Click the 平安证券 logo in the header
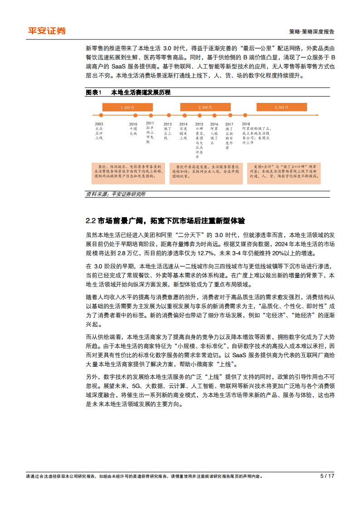click(x=47, y=31)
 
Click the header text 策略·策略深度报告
click(x=311, y=32)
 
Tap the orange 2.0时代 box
click(x=205, y=107)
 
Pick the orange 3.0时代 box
click(x=282, y=107)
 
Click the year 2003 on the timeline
click(x=99, y=124)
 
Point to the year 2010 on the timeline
click(x=133, y=124)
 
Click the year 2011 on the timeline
click(x=150, y=123)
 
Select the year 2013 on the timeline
click(x=167, y=124)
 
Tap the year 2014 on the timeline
click(x=183, y=124)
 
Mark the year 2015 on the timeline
click(x=199, y=124)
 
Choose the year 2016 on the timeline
click(x=214, y=124)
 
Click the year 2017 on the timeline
click(x=229, y=124)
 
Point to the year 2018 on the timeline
click(x=246, y=124)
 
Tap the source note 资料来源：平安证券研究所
click(x=116, y=194)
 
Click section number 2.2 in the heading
click(x=90, y=221)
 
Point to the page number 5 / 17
click(x=327, y=476)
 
